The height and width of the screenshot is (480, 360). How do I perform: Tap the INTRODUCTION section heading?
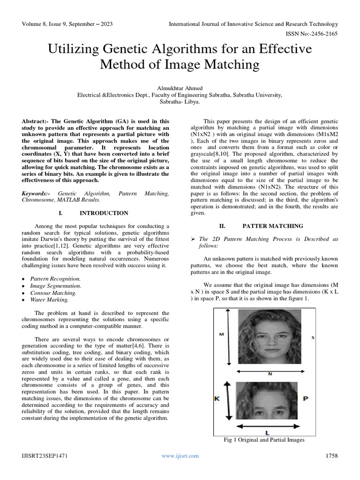point(104,213)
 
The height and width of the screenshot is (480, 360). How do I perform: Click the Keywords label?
point(37,193)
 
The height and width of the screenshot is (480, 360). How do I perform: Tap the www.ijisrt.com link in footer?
point(180,456)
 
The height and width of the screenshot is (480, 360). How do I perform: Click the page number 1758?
point(331,456)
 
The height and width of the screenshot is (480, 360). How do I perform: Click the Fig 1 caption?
point(265,440)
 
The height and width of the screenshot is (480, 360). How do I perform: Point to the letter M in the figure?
point(222,335)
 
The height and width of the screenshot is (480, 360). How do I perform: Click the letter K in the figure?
point(217,398)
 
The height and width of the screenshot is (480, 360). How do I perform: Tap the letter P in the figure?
point(305,398)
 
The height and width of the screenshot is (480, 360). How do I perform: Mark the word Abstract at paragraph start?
point(36,121)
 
